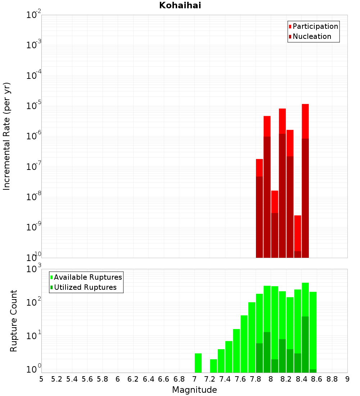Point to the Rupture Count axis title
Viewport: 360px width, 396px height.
tap(14, 321)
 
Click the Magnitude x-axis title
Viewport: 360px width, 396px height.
tap(194, 390)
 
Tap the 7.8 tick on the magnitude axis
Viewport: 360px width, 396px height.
tap(256, 379)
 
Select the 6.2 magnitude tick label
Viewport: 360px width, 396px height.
tap(133, 379)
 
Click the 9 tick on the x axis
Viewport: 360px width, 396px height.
tap(347, 379)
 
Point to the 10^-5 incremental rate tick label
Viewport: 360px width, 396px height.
tap(34, 106)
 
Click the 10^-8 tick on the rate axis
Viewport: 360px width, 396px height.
tap(34, 197)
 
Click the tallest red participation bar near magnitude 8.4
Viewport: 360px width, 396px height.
tap(305, 121)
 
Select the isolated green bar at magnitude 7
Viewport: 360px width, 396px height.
tap(198, 363)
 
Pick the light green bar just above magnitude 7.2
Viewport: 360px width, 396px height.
tap(213, 366)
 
